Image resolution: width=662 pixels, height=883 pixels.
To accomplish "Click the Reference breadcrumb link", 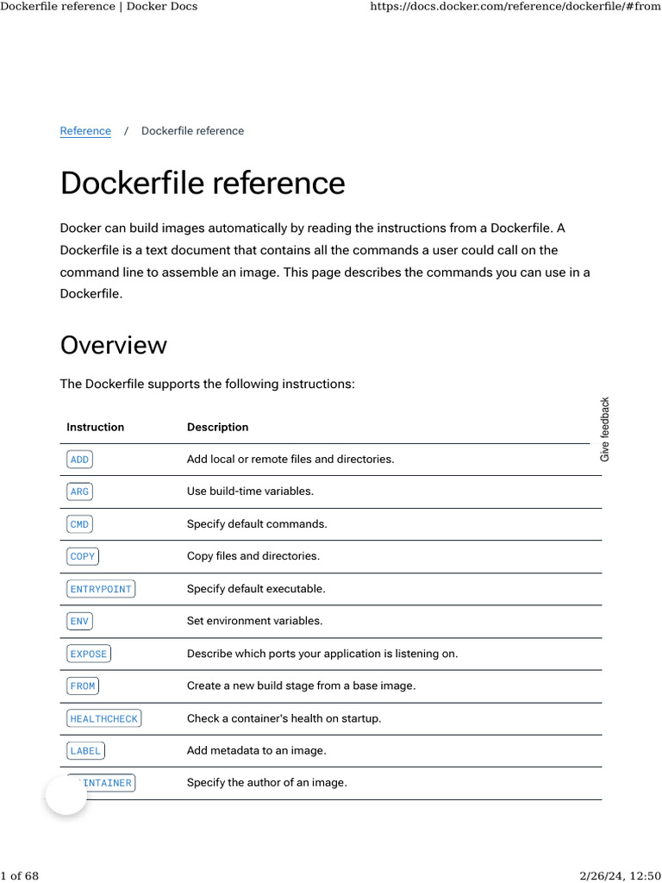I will click(85, 131).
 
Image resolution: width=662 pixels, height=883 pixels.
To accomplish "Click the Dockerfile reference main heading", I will click(203, 184).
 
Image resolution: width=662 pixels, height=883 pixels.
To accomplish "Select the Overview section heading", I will click(113, 345).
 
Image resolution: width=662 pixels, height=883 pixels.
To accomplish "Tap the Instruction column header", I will click(95, 427).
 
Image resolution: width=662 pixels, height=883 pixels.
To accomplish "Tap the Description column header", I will click(217, 427).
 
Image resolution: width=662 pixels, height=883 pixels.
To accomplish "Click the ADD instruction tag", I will click(79, 460).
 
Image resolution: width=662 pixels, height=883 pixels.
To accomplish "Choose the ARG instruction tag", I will click(79, 492).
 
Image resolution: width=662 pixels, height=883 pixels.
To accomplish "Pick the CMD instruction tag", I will click(79, 524).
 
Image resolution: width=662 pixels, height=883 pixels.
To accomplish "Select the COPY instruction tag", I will click(83, 556).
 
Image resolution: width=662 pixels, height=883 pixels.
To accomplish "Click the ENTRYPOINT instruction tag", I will click(101, 589).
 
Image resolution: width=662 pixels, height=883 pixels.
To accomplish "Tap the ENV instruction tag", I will click(79, 621).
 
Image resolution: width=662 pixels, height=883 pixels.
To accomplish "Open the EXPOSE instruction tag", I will click(89, 654).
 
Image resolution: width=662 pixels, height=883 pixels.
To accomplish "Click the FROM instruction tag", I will click(83, 686).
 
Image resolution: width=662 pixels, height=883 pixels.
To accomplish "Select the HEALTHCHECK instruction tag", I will click(103, 718).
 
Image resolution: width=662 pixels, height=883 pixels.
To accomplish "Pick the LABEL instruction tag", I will click(85, 750).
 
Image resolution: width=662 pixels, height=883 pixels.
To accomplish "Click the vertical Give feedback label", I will click(605, 429).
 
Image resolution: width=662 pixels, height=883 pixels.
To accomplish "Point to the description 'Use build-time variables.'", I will click(250, 492).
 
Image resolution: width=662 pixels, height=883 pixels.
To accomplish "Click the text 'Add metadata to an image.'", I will click(256, 750).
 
